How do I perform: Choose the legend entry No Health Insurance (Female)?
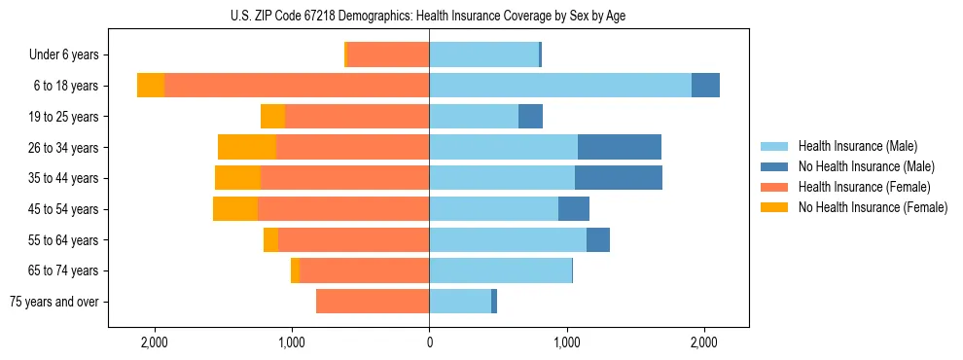873,207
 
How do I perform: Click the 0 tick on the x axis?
429,342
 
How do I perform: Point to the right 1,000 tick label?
567,342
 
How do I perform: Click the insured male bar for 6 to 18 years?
560,86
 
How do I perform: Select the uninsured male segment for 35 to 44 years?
619,178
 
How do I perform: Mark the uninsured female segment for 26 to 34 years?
247,148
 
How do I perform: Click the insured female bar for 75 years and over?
373,302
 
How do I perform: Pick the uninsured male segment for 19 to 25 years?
530,117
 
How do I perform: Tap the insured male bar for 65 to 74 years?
500,270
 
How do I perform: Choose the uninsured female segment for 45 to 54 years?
235,209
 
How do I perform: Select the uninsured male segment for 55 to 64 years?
598,240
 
